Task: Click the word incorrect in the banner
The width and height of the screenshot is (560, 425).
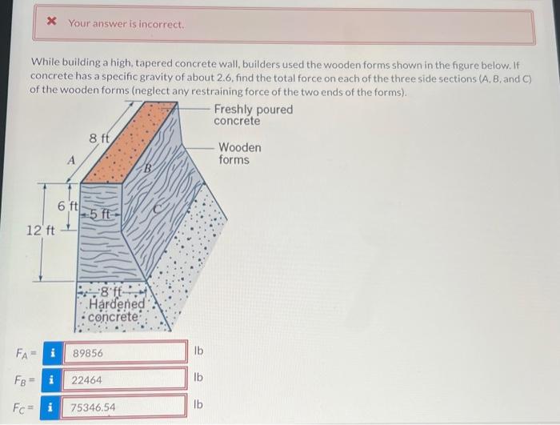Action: pyautogui.click(x=159, y=24)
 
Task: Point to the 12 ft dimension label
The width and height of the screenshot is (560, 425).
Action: pyautogui.click(x=40, y=231)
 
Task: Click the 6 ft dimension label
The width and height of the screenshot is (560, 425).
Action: pyautogui.click(x=67, y=206)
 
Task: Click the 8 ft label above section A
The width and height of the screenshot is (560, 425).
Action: pyautogui.click(x=99, y=139)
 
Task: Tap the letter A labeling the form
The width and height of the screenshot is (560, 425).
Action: pyautogui.click(x=71, y=160)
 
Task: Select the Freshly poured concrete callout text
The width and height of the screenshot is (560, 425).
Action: pyautogui.click(x=253, y=114)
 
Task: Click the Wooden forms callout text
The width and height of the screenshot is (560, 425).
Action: pyautogui.click(x=239, y=154)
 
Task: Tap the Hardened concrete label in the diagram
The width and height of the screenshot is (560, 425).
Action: pyautogui.click(x=117, y=310)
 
